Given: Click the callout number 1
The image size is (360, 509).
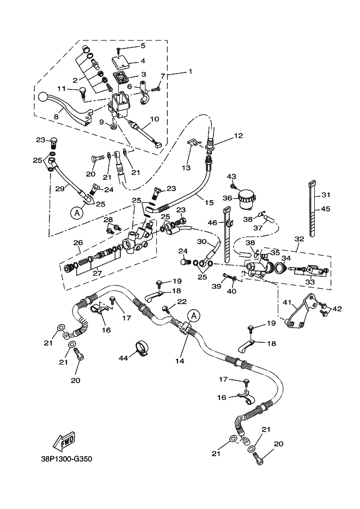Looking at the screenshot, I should point(191,71).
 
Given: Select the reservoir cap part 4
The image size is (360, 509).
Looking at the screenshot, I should point(121,62).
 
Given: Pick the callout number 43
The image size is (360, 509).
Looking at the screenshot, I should point(232,176).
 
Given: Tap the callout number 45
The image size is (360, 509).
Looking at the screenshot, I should point(326,208).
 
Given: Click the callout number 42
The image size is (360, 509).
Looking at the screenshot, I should point(337,309).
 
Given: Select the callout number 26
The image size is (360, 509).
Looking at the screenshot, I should point(78,243).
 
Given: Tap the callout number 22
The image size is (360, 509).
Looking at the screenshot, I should point(181,301).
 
